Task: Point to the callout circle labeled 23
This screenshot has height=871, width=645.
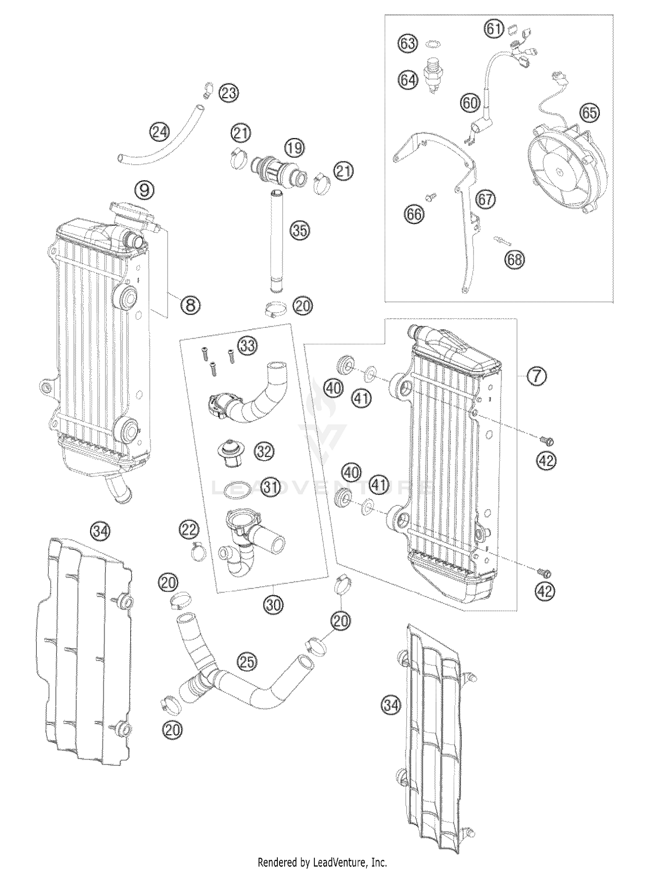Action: (x=229, y=93)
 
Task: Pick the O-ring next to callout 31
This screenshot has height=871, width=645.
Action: (x=238, y=490)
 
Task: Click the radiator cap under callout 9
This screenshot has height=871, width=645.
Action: (x=131, y=210)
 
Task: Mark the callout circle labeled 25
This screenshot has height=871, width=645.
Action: (x=246, y=662)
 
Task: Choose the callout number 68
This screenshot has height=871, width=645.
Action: (x=515, y=259)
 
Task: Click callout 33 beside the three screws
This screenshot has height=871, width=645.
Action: (x=248, y=346)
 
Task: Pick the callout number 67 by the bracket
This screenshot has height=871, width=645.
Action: (x=486, y=200)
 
